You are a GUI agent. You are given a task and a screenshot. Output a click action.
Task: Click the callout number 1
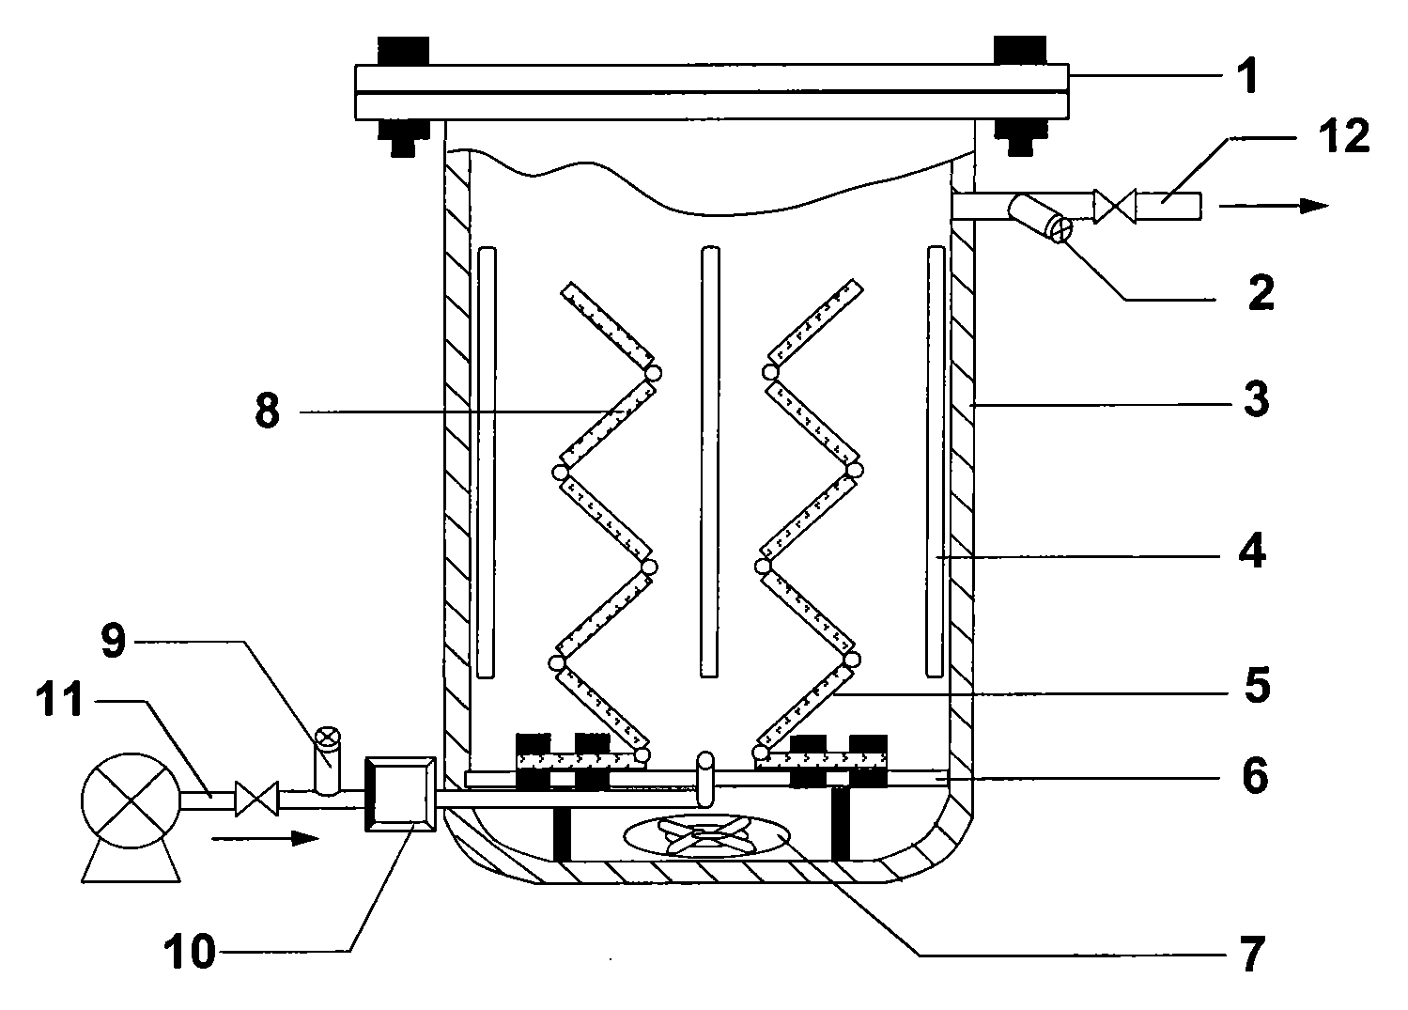(1248, 75)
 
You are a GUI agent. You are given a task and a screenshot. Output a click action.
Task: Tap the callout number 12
(1344, 135)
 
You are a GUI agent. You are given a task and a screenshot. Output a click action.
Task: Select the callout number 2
(1261, 292)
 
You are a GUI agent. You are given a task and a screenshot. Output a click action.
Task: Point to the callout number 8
(267, 412)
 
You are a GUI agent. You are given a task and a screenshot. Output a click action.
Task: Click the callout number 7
(1251, 954)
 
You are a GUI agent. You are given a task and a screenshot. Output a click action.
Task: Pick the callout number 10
(190, 952)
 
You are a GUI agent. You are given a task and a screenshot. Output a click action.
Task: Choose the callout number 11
(60, 699)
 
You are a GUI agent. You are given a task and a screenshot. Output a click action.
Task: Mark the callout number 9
(114, 642)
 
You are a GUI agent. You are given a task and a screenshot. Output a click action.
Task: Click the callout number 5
(1257, 685)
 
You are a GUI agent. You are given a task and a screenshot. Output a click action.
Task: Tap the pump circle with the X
(131, 800)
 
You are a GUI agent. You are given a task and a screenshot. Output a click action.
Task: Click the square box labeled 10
(400, 794)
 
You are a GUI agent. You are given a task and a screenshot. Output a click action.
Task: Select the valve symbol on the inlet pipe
(256, 799)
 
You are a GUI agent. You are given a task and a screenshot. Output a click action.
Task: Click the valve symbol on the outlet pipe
(1114, 206)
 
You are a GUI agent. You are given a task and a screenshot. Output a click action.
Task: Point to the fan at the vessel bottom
(706, 836)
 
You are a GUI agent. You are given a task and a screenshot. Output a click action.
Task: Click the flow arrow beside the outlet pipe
(1274, 205)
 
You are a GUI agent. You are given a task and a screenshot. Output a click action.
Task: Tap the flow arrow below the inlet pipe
(265, 838)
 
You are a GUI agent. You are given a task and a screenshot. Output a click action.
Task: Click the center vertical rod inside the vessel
(710, 461)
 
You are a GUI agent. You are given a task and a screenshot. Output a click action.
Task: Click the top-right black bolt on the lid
(1019, 50)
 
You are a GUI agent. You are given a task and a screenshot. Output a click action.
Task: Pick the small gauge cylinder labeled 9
(328, 761)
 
